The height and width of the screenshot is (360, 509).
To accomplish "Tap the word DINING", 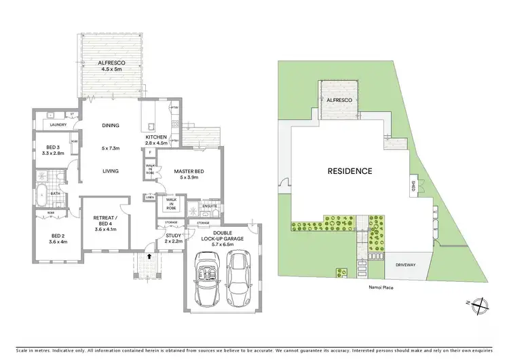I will pyautogui.click(x=110, y=126).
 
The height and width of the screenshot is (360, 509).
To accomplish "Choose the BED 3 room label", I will pyautogui.click(x=54, y=150).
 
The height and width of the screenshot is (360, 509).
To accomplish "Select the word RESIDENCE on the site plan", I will pyautogui.click(x=350, y=171).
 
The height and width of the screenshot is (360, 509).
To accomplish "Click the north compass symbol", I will pyautogui.click(x=480, y=305).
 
